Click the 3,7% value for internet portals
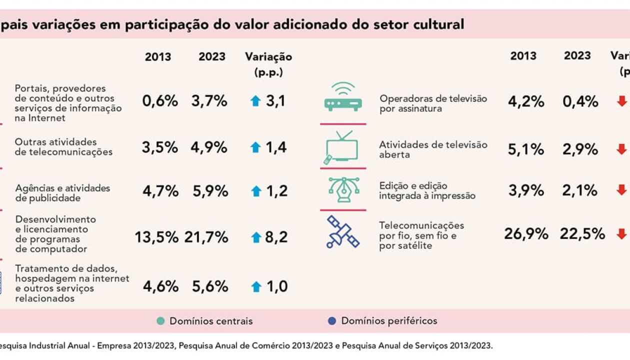tap(209, 101)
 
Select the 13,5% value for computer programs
tap(156, 237)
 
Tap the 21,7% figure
tap(206, 237)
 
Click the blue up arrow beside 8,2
tap(256, 237)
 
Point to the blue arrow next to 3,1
tap(255, 101)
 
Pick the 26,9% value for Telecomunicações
tap(526, 234)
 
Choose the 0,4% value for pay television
tap(580, 102)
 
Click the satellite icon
tap(342, 231)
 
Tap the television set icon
tap(342, 148)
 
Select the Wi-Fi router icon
tap(342, 97)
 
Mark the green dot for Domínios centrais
tap(160, 321)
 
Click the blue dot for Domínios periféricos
tap(332, 321)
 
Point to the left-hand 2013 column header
tap(158, 57)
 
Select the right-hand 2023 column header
tap(577, 56)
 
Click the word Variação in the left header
tap(268, 57)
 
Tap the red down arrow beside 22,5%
tap(621, 233)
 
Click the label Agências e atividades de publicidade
tap(62, 193)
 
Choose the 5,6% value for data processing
tap(210, 286)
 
